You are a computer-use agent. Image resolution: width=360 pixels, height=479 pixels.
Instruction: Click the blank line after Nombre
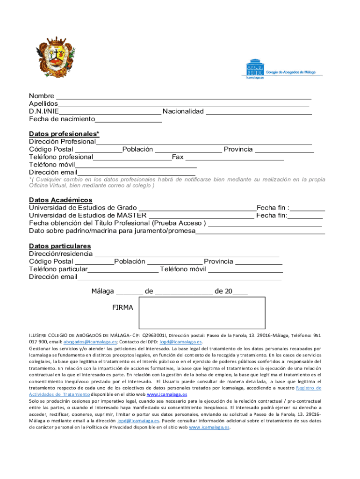pos(183,97)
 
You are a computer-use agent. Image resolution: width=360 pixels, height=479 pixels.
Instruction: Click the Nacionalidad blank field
pos(259,112)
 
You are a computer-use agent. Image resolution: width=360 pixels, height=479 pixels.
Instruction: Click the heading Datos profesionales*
pos(64,134)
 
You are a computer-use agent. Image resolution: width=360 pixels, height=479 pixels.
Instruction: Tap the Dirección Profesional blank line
pos(204,142)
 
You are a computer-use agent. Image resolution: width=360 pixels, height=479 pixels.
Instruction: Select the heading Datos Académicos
pos(61,200)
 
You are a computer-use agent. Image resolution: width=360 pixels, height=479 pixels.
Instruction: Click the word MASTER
pos(132,215)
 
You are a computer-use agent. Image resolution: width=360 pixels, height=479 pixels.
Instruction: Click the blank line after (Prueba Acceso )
pos(265,224)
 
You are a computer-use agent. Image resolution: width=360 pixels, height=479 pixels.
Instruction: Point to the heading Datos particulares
pos(60,246)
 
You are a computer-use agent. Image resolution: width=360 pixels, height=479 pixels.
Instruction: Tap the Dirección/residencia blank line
pos(187,254)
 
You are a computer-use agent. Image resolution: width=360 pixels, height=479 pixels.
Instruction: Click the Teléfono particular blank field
pos(123,270)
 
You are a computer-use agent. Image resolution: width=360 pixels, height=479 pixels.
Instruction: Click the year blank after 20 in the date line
pos(240,292)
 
